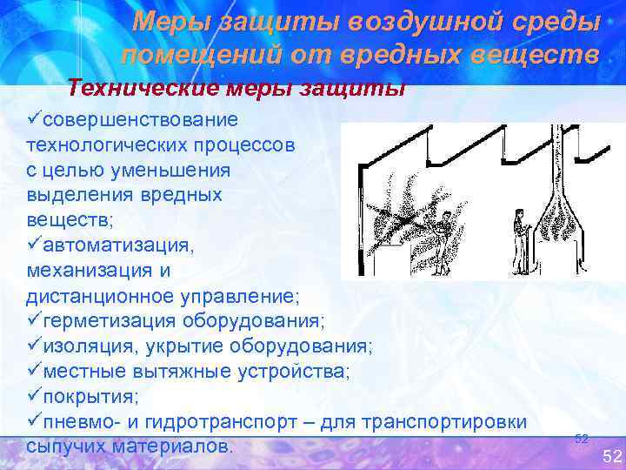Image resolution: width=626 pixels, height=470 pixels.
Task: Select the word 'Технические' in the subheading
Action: (137, 88)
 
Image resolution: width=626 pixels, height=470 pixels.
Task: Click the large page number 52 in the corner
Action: (612, 456)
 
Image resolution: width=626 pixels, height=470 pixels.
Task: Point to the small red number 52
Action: (582, 439)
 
